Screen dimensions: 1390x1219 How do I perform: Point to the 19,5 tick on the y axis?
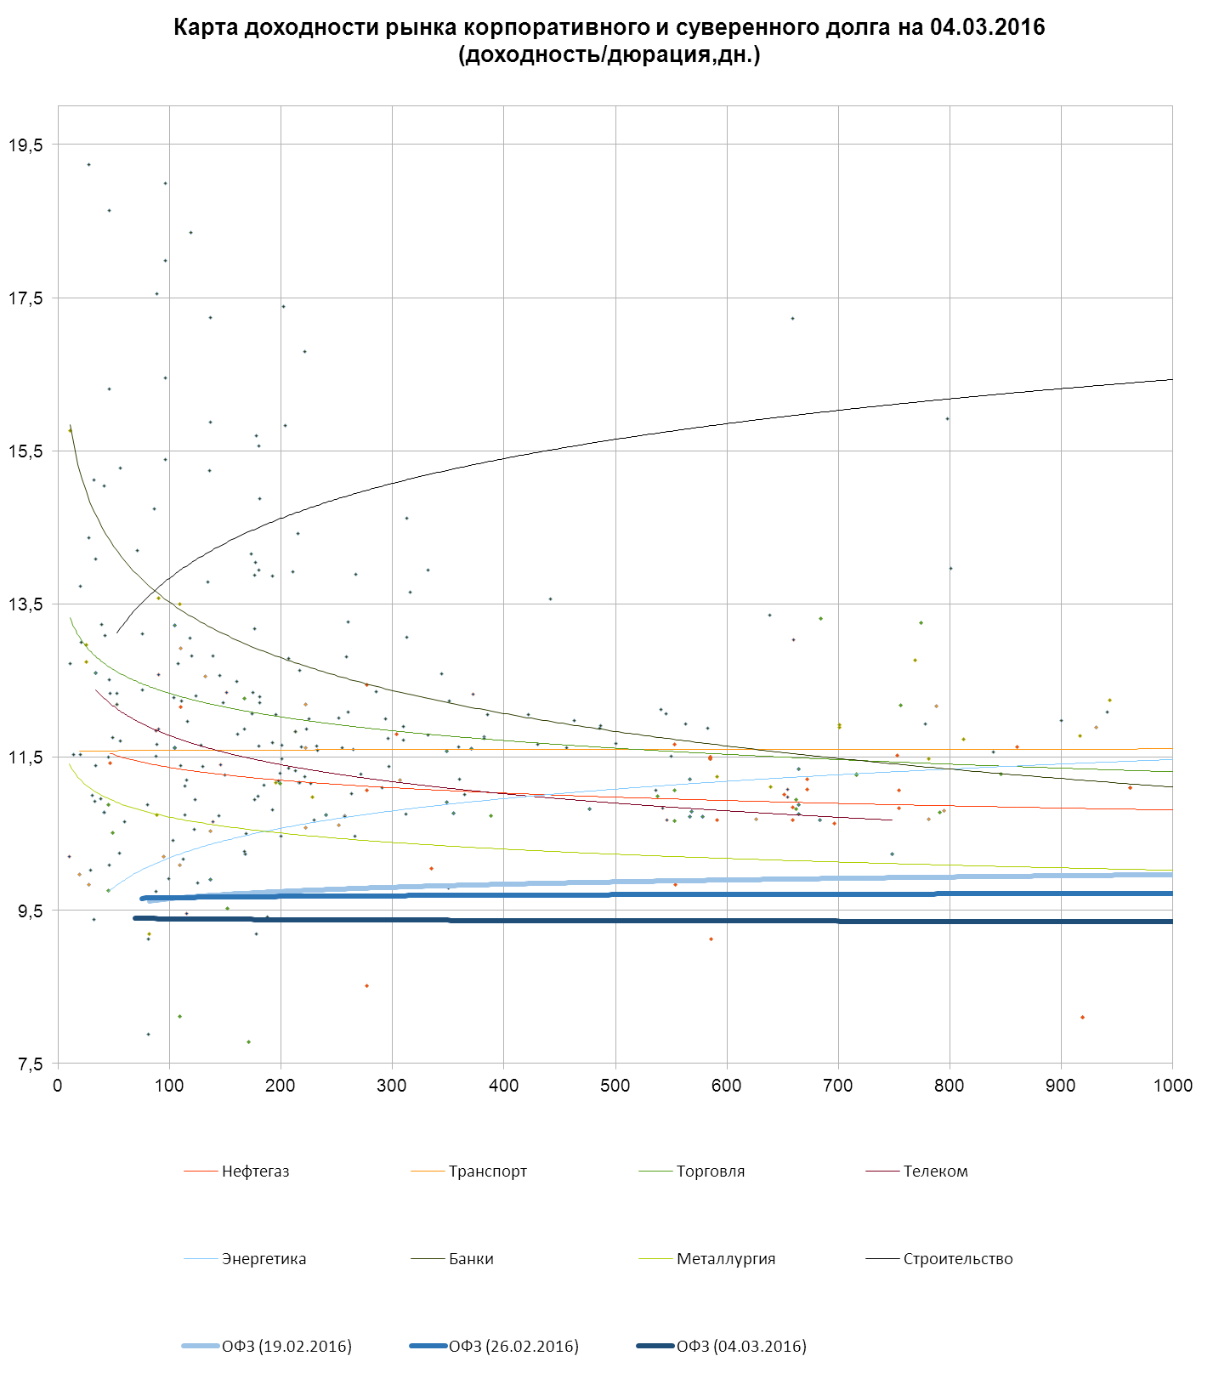coord(26,145)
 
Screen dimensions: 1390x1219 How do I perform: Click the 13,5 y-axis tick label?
coord(26,604)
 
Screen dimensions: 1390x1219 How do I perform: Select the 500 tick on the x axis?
coord(615,1086)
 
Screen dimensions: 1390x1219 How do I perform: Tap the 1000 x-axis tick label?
coord(1172,1086)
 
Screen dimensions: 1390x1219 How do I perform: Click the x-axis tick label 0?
coord(58,1086)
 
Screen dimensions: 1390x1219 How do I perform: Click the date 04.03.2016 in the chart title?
coord(987,28)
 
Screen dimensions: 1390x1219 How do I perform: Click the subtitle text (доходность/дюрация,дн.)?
coord(609,56)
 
